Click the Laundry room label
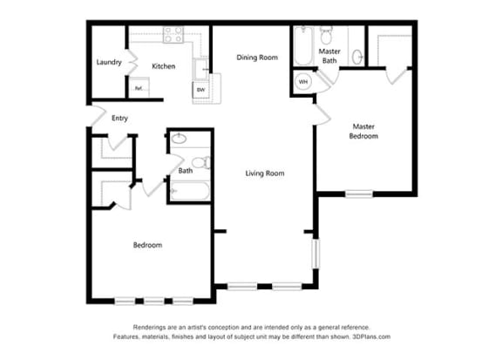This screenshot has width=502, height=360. click(x=109, y=62)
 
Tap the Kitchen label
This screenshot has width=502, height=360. click(x=164, y=66)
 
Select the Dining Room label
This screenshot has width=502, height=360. click(x=257, y=58)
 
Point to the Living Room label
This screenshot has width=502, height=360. click(x=263, y=173)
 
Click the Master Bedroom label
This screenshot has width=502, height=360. click(x=363, y=131)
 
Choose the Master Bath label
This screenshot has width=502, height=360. click(x=329, y=57)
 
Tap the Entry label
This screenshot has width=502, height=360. click(x=119, y=118)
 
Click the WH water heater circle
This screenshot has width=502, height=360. click(x=303, y=82)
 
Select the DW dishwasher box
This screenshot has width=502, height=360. click(x=200, y=90)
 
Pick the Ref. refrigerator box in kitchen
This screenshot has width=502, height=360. click(x=139, y=88)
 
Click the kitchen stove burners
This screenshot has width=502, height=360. click(x=173, y=36)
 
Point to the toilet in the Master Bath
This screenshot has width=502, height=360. click(x=327, y=36)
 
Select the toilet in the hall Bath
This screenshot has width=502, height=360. click(x=199, y=163)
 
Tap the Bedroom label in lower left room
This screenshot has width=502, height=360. click(x=147, y=245)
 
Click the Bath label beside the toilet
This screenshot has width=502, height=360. click(x=186, y=171)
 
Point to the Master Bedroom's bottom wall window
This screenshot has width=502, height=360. click(x=357, y=193)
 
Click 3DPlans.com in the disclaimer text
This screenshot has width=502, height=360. click(x=372, y=336)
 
